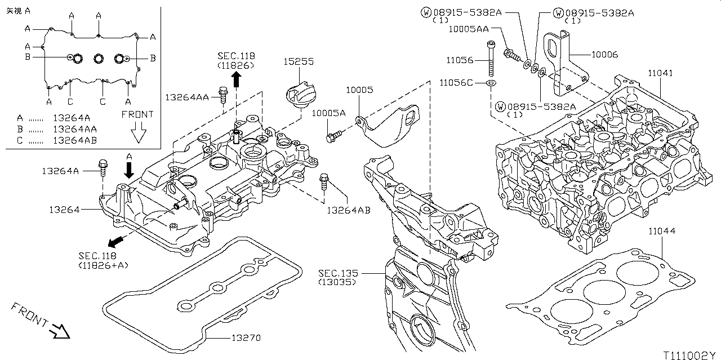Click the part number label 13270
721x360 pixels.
tap(246, 338)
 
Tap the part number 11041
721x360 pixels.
tap(660, 73)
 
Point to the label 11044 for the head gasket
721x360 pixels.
tap(662, 231)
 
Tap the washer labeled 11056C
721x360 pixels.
tap(491, 83)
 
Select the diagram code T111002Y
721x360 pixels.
tap(689, 355)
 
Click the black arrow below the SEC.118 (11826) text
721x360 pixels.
tap(237, 79)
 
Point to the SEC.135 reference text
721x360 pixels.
tap(338, 273)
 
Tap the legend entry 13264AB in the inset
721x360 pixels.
tap(75, 140)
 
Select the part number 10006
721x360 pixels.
tap(605, 55)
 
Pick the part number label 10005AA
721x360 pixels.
tap(468, 29)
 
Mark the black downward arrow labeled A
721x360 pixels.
tap(129, 170)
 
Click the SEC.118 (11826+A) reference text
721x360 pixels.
tap(103, 260)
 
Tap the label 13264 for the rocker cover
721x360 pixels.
tap(64, 210)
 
